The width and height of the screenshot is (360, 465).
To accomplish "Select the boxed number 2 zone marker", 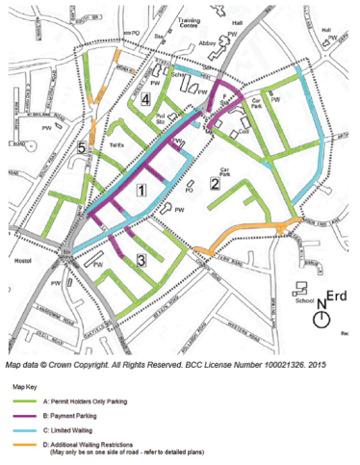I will tap(214, 185).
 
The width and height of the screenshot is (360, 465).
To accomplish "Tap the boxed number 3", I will tap(141, 260).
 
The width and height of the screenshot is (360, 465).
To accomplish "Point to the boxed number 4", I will tap(145, 99).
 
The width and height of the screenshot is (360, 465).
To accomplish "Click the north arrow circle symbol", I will tap(324, 316).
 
